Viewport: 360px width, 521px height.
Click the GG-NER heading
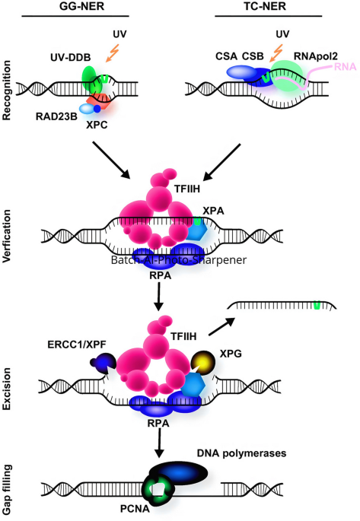[81, 6]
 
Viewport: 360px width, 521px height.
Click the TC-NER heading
[265, 6]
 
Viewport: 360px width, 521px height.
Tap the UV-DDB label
[71, 58]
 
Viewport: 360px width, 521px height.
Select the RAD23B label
[56, 116]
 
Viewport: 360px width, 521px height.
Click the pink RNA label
[346, 67]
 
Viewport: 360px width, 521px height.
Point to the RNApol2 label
[315, 56]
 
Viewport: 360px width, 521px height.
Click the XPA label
[213, 211]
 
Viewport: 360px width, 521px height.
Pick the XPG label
[231, 354]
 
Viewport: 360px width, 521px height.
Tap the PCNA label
[135, 509]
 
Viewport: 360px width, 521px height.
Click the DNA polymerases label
[242, 453]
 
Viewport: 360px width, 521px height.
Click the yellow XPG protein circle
[202, 363]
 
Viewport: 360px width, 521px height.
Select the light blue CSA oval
[241, 71]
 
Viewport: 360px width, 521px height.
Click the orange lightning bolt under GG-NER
[113, 53]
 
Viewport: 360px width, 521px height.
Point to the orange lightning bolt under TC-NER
[276, 53]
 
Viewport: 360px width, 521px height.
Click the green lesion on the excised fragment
[317, 305]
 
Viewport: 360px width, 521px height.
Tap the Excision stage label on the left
[7, 389]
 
